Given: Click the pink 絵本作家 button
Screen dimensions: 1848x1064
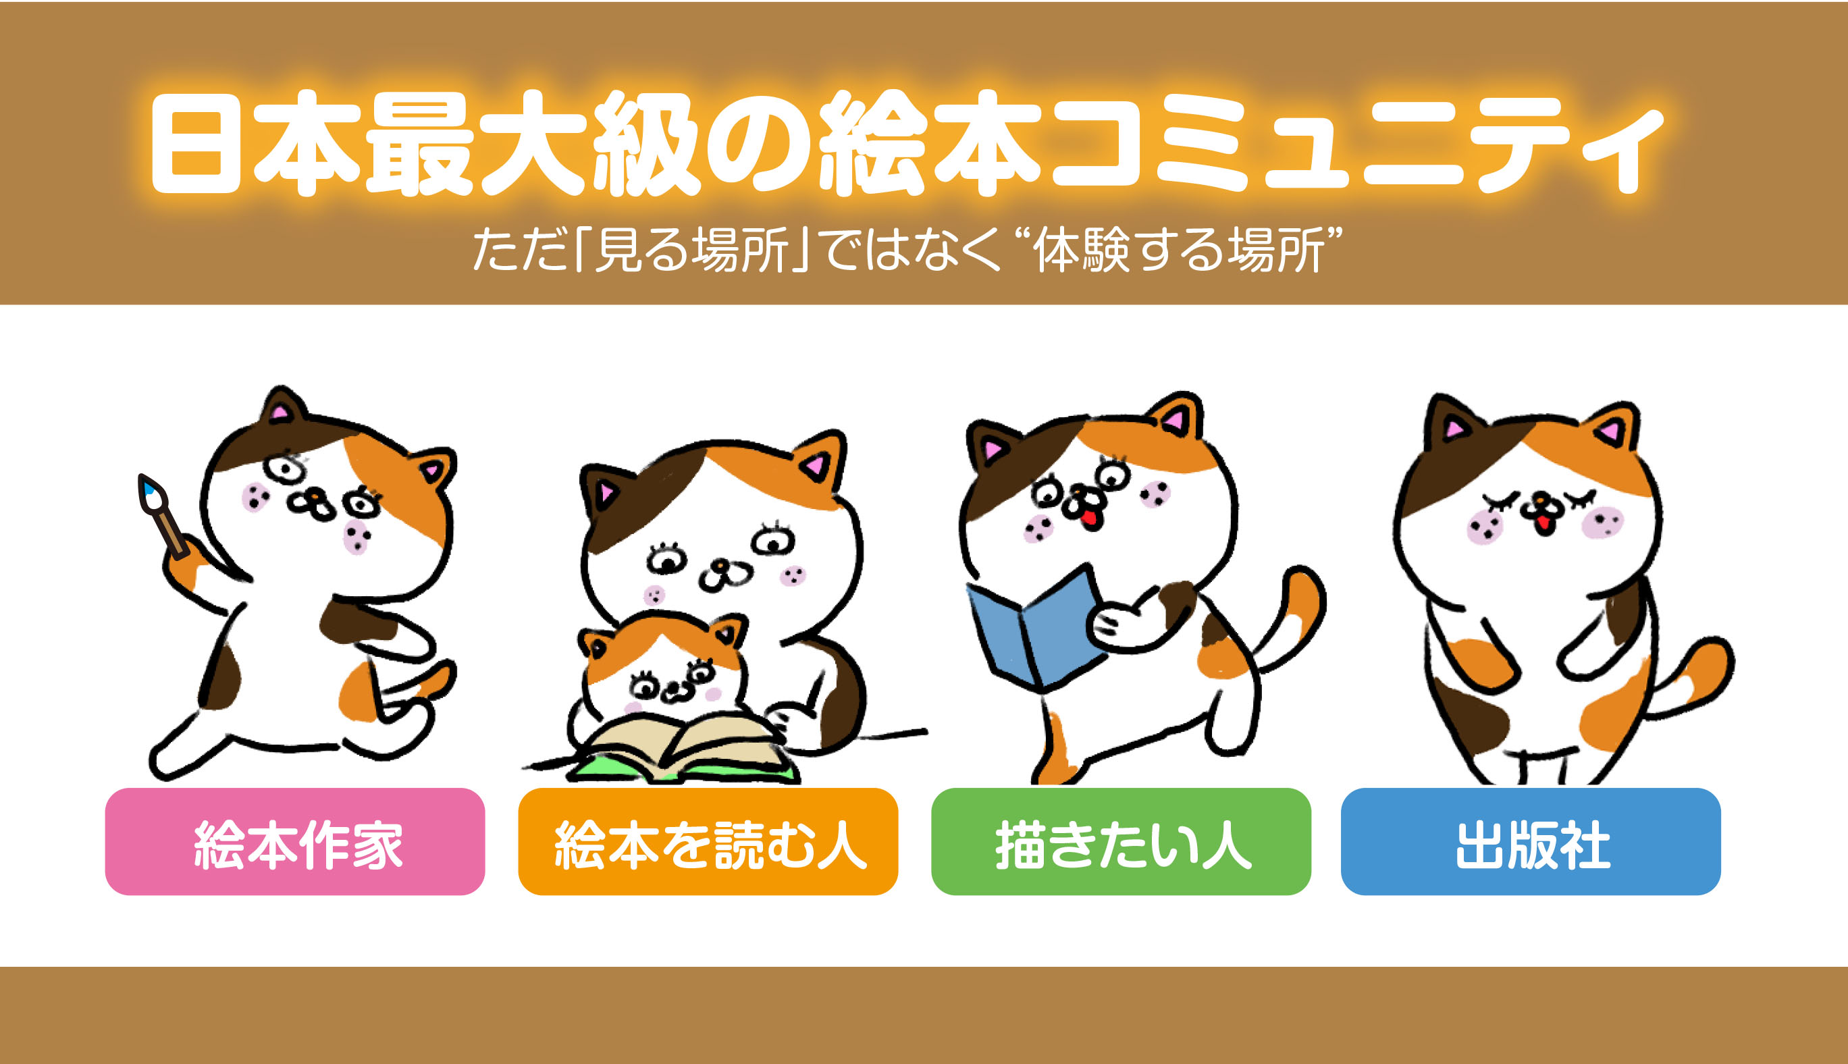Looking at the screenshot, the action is (x=294, y=841).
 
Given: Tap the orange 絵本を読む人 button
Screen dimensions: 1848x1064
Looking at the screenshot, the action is (x=708, y=841).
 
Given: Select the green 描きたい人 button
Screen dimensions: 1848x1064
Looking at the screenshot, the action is (x=1121, y=841).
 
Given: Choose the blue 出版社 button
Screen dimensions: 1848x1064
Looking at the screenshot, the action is (x=1531, y=841).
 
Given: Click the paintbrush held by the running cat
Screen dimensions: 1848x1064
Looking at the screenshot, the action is (x=162, y=516).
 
